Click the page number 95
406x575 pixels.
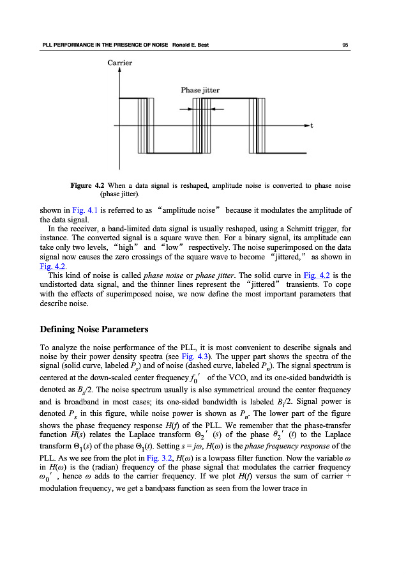point(345,45)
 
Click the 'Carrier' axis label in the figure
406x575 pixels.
point(119,63)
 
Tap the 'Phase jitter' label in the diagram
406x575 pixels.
point(200,91)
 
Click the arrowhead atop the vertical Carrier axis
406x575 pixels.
point(119,71)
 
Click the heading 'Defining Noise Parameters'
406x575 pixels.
point(94,330)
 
